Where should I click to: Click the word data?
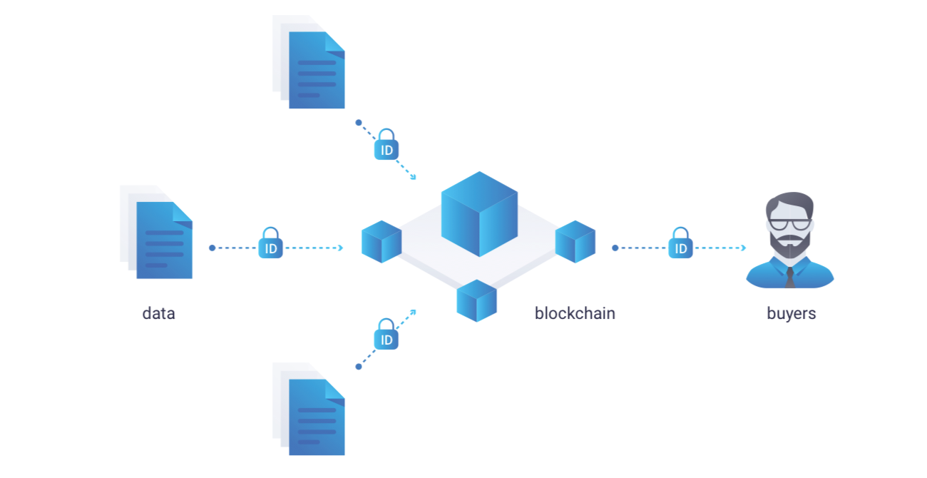click(158, 313)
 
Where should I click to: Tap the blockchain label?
click(575, 313)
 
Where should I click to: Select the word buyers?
click(792, 314)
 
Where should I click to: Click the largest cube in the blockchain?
click(479, 214)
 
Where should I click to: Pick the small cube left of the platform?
click(381, 241)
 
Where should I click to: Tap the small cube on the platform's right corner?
click(575, 241)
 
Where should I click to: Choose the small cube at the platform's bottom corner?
click(476, 300)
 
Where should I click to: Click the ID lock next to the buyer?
click(680, 243)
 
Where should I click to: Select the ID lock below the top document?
click(386, 144)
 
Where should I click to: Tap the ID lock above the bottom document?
click(386, 334)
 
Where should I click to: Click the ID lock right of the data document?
click(271, 243)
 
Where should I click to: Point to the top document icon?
click(308, 62)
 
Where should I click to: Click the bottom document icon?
click(308, 409)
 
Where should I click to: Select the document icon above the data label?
click(156, 232)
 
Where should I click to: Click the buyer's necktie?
click(790, 278)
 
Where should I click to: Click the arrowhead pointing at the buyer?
click(743, 248)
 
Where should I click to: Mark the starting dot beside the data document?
click(212, 248)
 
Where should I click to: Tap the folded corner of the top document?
click(334, 42)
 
